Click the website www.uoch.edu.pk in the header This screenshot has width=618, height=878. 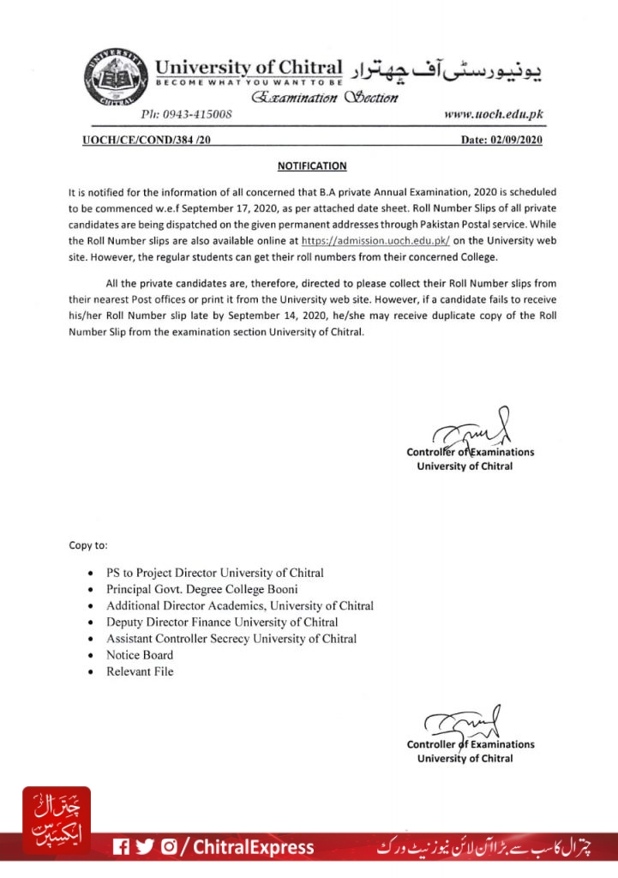[493, 114]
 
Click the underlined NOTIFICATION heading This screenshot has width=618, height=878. [312, 166]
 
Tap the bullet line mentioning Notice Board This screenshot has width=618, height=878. [140, 655]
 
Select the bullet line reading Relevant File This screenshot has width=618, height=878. [140, 671]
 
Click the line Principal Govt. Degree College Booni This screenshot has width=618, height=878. [202, 589]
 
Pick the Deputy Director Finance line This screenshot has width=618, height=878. [222, 622]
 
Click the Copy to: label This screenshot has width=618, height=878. [88, 544]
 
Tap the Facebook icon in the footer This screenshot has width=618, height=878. [121, 847]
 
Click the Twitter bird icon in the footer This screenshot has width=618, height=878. [145, 847]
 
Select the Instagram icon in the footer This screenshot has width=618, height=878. [169, 847]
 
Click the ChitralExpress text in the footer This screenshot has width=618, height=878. [253, 847]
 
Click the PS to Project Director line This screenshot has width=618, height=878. [215, 572]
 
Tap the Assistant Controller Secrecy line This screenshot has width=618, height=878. [231, 639]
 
